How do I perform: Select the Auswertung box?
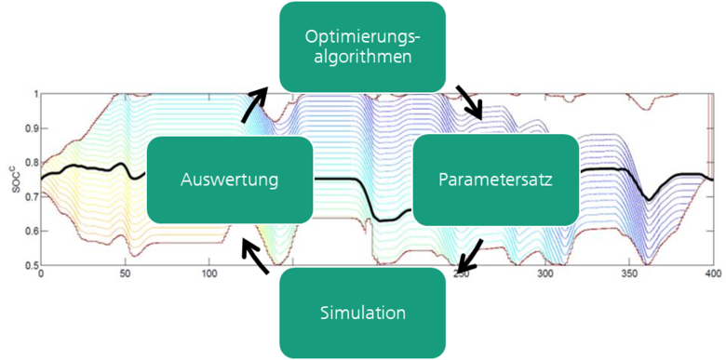pos(229,180)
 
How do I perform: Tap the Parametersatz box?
pos(496,180)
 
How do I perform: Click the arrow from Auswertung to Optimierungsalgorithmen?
pos(254,105)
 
